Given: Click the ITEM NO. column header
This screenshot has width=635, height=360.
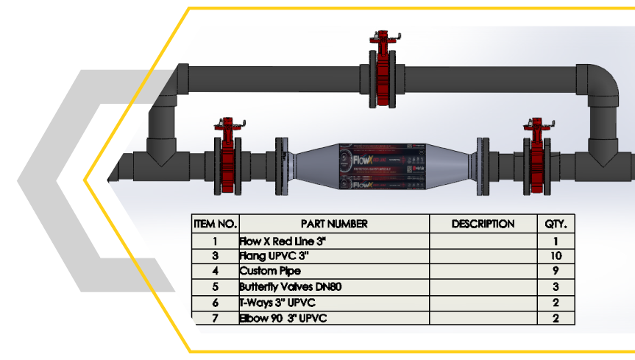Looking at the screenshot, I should [216, 224].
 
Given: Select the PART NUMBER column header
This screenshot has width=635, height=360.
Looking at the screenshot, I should [334, 224].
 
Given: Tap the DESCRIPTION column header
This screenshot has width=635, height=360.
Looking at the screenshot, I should [483, 224].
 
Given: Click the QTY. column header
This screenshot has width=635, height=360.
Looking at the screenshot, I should [556, 224].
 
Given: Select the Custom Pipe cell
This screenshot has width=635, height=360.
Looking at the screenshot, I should [269, 272].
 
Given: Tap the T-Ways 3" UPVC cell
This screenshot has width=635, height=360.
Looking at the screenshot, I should [275, 303].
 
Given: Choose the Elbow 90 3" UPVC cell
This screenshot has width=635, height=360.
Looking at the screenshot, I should [282, 318].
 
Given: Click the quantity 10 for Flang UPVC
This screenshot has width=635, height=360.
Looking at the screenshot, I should [556, 256].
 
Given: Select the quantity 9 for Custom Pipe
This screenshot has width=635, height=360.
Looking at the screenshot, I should [556, 272].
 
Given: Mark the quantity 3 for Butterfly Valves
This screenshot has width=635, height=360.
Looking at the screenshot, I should [556, 287].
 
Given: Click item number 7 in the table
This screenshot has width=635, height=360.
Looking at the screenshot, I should [216, 318].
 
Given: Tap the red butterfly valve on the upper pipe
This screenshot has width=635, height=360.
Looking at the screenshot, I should [382, 74].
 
